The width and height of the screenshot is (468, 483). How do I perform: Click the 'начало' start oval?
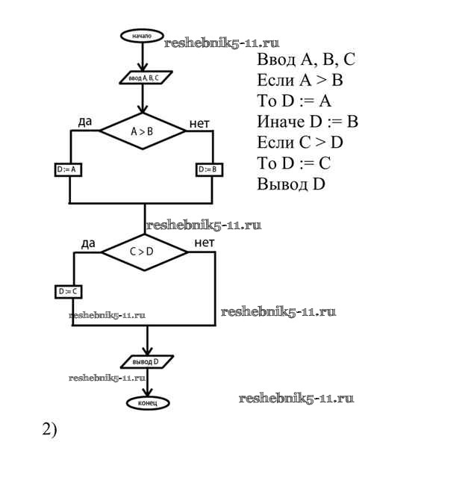pos(142,36)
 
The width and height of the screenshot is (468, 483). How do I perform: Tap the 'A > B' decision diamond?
pos(143,131)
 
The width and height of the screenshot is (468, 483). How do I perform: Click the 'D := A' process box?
pos(69,169)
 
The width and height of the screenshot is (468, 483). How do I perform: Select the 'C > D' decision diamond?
pos(144,252)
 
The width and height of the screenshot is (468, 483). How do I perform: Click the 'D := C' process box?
pos(69,290)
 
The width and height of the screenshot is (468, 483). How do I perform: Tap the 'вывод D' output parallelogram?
pos(147,361)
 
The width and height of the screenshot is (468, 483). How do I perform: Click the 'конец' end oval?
pos(147,403)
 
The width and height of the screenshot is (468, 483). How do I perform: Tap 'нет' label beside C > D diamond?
pos(204,243)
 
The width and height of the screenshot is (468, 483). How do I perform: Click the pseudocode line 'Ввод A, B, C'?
pos(306,59)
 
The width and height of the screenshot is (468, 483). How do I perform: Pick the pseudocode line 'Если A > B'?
pos(299,80)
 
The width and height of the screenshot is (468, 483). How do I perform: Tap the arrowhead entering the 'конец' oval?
pos(148,393)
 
